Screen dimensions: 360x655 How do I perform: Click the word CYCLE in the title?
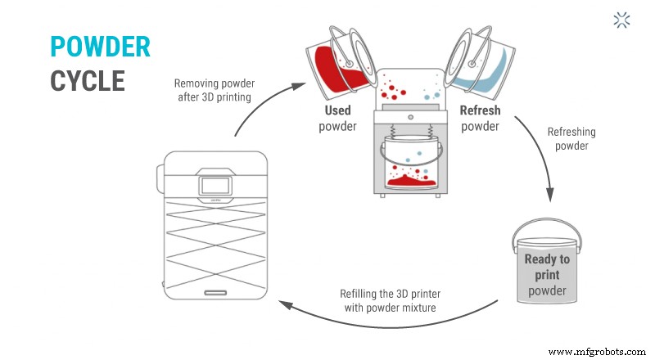pos(88,80)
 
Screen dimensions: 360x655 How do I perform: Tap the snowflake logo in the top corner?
pos(622,20)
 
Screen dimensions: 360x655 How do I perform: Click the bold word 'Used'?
pos(338,110)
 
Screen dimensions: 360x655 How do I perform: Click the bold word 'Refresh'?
pos(480,110)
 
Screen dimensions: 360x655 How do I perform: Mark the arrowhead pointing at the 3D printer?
pos(284,304)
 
